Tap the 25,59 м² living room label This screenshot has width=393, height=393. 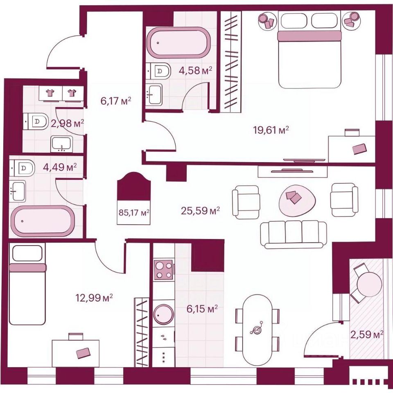(201, 211)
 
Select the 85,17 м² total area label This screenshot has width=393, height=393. (134, 213)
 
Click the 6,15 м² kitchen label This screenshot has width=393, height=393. (202, 308)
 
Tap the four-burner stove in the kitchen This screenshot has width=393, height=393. (163, 269)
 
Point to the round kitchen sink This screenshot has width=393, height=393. (163, 314)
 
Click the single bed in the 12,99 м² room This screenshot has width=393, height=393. (27, 285)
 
